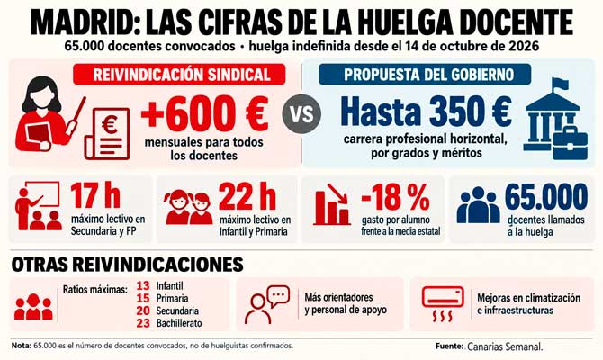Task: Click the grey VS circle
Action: [301, 113]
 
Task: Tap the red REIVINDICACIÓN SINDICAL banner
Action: [179, 74]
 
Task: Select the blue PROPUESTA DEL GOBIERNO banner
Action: [425, 74]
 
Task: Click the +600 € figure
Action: [205, 113]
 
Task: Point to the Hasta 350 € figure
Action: [426, 112]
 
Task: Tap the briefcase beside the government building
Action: [570, 141]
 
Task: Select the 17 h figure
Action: [95, 196]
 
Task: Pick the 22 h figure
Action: [247, 196]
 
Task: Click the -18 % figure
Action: [395, 196]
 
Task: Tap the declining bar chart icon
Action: [331, 204]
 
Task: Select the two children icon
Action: [189, 208]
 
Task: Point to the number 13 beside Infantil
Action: [143, 286]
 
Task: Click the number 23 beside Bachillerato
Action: [143, 323]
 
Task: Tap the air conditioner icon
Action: [443, 303]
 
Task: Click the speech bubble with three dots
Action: [279, 296]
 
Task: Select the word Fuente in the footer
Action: [449, 346]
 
